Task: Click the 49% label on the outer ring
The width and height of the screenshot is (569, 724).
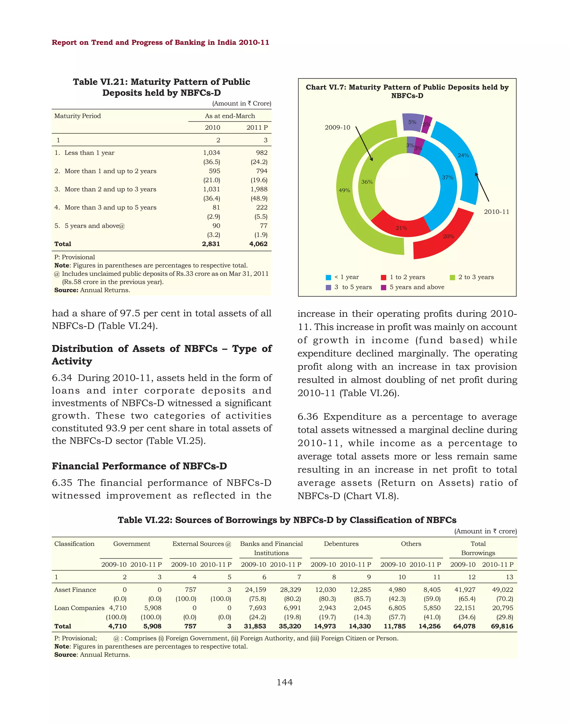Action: tap(344, 190)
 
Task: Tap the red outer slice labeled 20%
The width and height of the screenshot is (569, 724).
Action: tap(448, 236)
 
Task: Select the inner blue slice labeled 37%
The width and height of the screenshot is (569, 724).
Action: tap(447, 178)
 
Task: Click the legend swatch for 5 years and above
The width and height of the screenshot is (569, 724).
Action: tap(383, 287)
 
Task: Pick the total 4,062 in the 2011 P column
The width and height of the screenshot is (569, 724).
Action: tap(258, 244)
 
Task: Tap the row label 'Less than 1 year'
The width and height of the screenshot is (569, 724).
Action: tap(89, 153)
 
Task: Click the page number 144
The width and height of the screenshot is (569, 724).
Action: tap(284, 682)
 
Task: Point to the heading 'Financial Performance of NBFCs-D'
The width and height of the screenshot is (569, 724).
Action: tap(139, 466)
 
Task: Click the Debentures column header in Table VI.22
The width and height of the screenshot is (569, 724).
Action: tap(341, 543)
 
